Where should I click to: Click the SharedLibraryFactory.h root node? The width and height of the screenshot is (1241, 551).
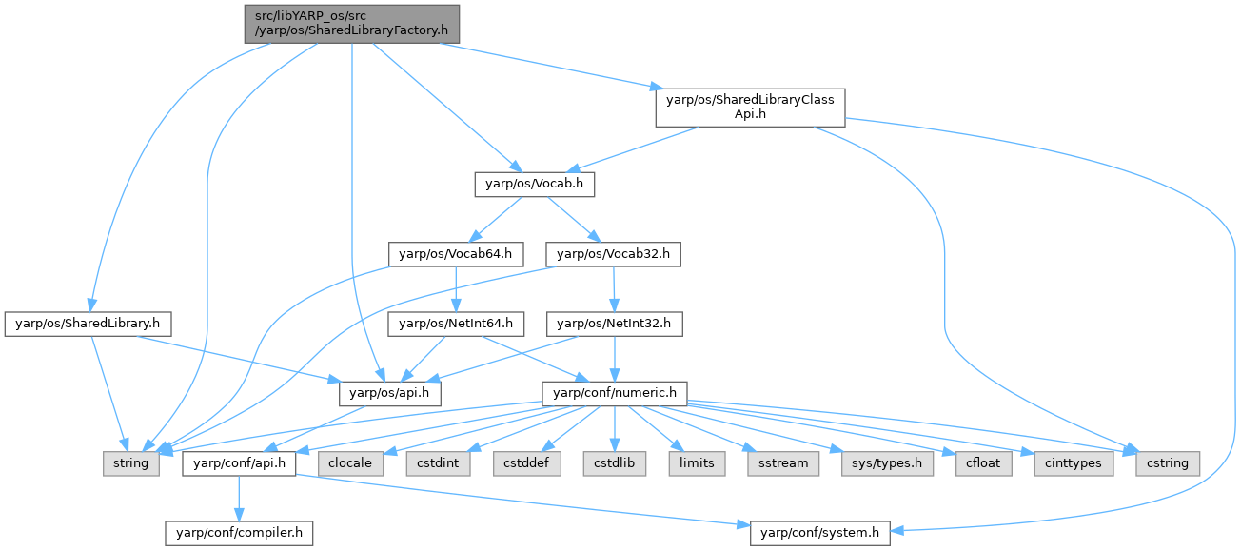tap(351, 23)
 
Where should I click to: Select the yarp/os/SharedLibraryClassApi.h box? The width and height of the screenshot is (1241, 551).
tap(750, 108)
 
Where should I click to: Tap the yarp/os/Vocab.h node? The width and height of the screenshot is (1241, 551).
tap(534, 184)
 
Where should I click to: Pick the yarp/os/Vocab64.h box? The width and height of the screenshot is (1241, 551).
tap(456, 254)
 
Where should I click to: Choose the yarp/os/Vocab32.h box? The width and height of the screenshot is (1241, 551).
tap(613, 254)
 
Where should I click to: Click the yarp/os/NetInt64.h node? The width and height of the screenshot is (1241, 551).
tap(456, 324)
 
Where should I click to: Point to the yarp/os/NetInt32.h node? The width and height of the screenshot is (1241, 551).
tap(613, 324)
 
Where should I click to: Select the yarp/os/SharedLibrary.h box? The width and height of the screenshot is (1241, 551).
tap(88, 324)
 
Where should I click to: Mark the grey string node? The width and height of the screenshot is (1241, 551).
tap(130, 463)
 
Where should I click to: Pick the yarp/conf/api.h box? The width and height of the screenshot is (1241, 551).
tap(239, 463)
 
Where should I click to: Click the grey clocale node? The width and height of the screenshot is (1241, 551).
tap(351, 463)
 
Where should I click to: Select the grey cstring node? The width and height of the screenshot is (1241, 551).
tap(1168, 463)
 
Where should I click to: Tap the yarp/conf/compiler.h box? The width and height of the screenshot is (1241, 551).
tap(239, 533)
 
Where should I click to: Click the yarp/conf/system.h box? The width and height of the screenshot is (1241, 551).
tap(819, 533)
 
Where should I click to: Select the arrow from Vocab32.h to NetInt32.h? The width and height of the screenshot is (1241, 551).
tap(613, 288)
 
